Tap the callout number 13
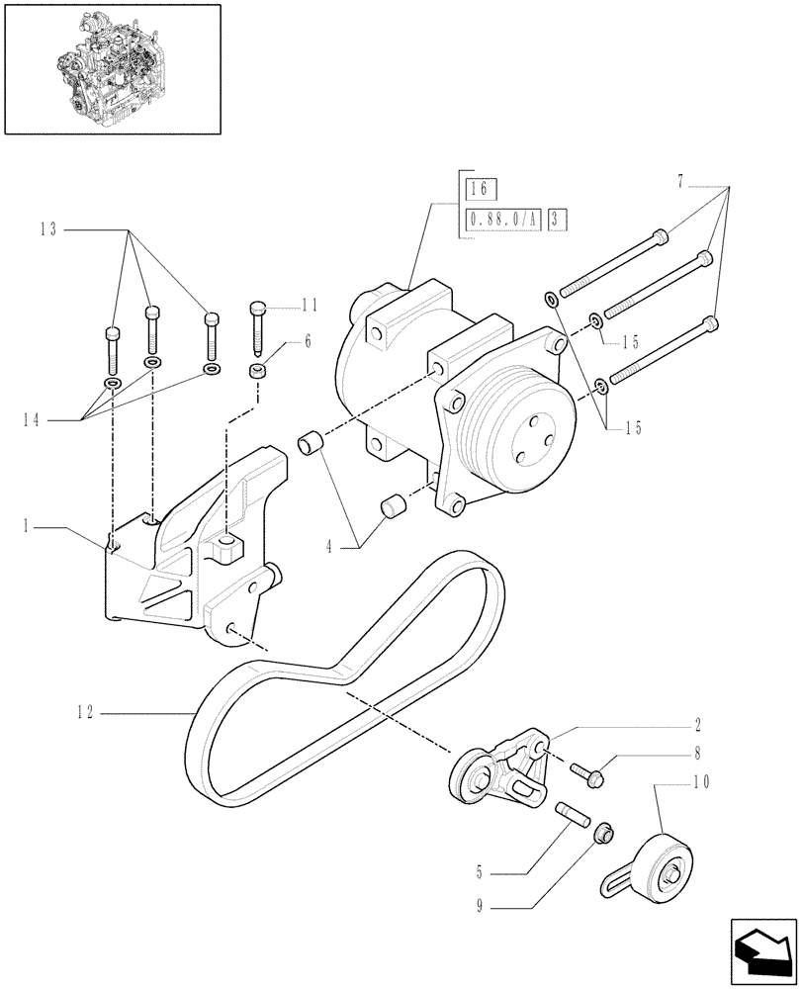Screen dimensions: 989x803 (48, 229)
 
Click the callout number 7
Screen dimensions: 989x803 (680, 182)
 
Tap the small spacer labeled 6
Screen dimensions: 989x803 (257, 372)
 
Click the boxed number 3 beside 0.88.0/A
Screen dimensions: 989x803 (557, 220)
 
